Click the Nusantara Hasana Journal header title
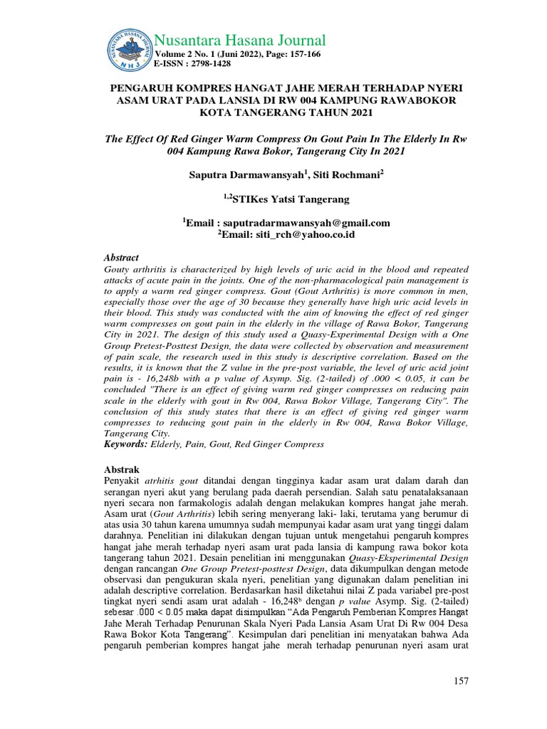240,40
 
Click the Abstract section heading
122,258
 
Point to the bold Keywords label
125,444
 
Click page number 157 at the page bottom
461,681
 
